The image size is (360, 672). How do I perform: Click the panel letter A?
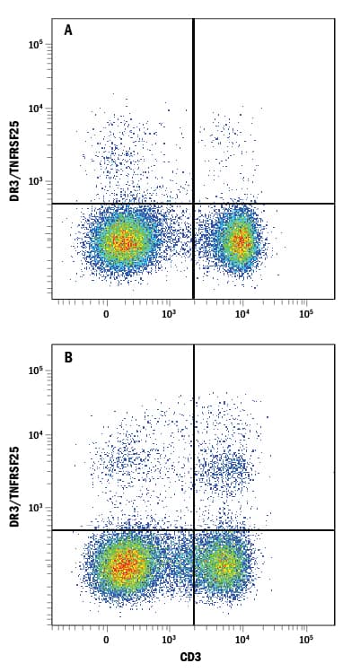(68, 30)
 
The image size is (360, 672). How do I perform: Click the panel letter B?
(68, 356)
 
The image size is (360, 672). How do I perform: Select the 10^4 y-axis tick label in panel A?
(36, 109)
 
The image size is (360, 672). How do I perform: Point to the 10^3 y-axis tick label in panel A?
(36, 181)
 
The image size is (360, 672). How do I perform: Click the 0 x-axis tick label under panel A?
(106, 314)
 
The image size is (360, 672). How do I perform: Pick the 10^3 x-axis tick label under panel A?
(168, 314)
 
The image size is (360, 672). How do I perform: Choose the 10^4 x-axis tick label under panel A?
(241, 314)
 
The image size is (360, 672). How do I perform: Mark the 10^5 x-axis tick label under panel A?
(305, 314)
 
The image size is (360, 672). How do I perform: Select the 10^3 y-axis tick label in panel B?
(36, 508)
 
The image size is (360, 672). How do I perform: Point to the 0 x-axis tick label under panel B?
(106, 641)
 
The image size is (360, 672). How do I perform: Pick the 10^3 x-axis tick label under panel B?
(168, 641)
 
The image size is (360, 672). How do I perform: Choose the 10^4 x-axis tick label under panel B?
(241, 641)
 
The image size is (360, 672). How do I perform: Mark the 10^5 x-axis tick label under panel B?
(305, 641)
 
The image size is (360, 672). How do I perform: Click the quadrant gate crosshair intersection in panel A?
(194, 204)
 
